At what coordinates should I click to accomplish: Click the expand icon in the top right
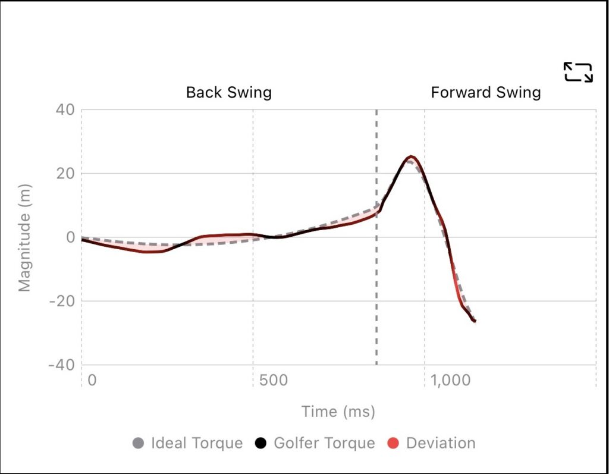click(577, 72)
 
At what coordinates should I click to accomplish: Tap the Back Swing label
click(228, 93)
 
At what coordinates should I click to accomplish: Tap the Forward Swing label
click(485, 93)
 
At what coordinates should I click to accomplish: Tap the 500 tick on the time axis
click(273, 380)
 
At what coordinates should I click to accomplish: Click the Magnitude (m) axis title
click(24, 238)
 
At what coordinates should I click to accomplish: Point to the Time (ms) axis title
click(338, 412)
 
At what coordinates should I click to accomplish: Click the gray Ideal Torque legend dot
click(139, 443)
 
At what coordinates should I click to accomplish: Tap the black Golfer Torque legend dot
click(261, 443)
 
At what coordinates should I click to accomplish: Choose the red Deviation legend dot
click(393, 443)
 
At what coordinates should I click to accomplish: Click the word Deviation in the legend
click(441, 443)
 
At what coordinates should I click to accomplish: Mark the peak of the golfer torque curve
click(410, 156)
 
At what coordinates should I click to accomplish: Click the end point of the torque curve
click(475, 321)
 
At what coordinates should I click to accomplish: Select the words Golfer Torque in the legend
click(324, 443)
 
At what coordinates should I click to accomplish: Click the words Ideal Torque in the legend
click(197, 443)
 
